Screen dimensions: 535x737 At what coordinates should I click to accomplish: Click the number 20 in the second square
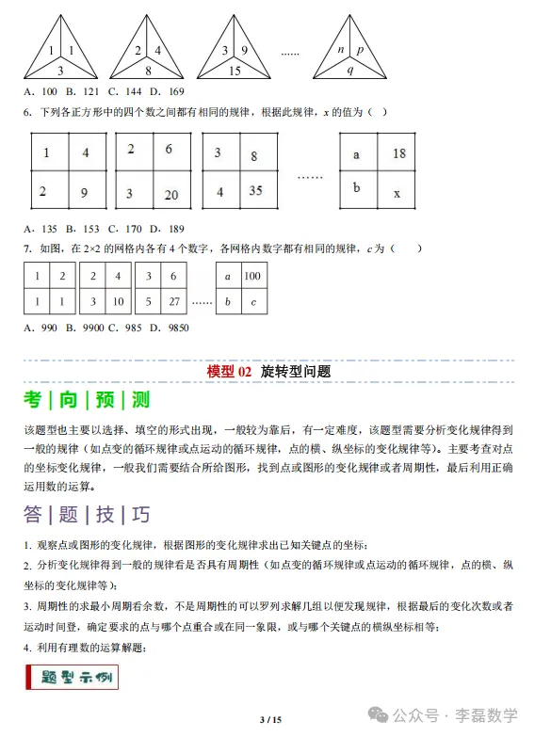pos(171,195)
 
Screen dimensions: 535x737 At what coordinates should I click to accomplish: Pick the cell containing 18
pos(398,153)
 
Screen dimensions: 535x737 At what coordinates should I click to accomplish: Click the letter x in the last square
pos(397,193)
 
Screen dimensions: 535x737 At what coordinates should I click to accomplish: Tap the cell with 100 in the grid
pos(251,277)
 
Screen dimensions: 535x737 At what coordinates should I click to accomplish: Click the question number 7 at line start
pos(26,248)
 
